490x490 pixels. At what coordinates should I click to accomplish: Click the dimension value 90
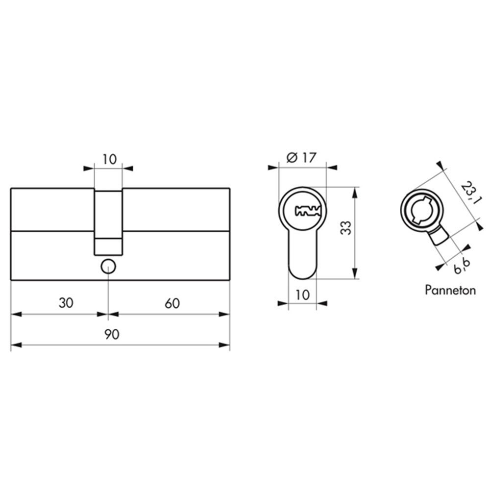tap(112, 335)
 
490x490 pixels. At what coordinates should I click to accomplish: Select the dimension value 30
tap(66, 303)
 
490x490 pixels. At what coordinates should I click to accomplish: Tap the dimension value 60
tap(172, 303)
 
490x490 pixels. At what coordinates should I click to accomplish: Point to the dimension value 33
tap(346, 228)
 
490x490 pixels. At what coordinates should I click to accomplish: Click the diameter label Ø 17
tap(301, 158)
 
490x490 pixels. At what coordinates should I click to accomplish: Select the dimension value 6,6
tap(462, 267)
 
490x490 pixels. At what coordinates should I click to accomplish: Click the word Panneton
tap(450, 290)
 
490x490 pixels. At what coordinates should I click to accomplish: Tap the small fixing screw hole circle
tap(108, 267)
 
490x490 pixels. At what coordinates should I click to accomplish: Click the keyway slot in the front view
tap(308, 211)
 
